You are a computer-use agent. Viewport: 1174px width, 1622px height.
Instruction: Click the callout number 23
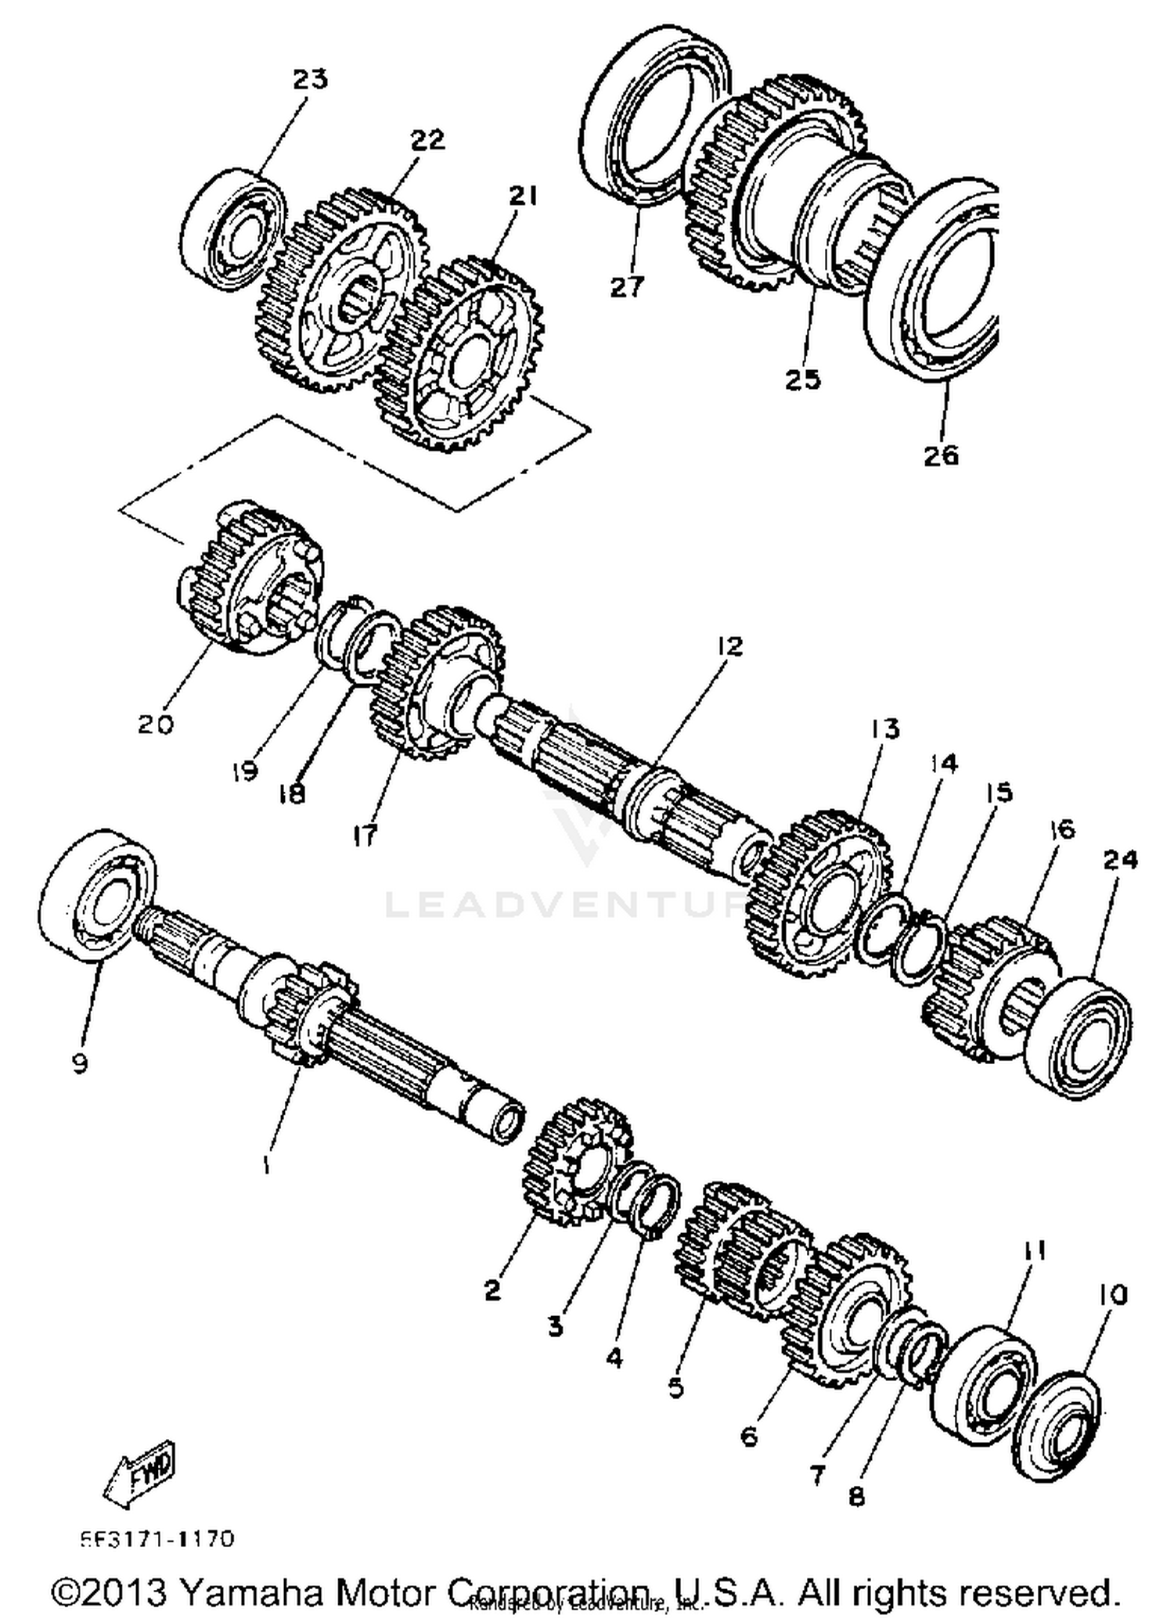tap(310, 79)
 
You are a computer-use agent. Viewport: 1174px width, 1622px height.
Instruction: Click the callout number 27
tap(627, 287)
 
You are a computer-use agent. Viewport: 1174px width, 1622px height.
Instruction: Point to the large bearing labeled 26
tap(935, 282)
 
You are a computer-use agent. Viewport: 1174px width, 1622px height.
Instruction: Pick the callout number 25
tap(803, 379)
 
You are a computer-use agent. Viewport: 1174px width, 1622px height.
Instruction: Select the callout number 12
tap(729, 646)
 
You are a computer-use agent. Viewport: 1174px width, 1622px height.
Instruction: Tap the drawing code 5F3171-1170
tap(157, 1539)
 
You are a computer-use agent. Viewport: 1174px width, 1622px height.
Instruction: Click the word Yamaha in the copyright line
tap(250, 1591)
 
